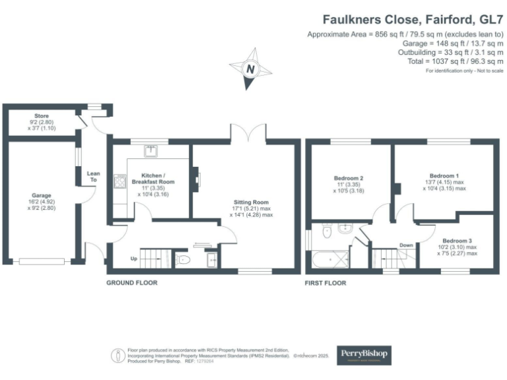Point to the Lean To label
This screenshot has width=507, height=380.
(x=93, y=177)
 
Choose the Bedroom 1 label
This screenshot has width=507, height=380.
(x=444, y=178)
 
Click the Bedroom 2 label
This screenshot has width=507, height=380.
(x=349, y=178)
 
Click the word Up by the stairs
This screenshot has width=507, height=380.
(x=134, y=258)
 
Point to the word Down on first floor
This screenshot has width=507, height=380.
(x=406, y=245)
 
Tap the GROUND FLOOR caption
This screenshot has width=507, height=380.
(x=132, y=283)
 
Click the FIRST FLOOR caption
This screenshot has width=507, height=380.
(x=325, y=283)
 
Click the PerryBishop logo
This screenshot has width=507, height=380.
(x=364, y=355)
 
